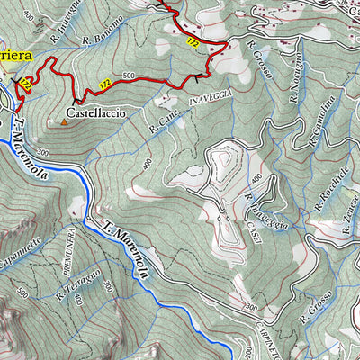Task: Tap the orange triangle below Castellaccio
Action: (63, 121)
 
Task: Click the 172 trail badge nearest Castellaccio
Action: (105, 84)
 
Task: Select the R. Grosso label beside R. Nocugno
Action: (257, 58)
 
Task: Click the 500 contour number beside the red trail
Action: (129, 76)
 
